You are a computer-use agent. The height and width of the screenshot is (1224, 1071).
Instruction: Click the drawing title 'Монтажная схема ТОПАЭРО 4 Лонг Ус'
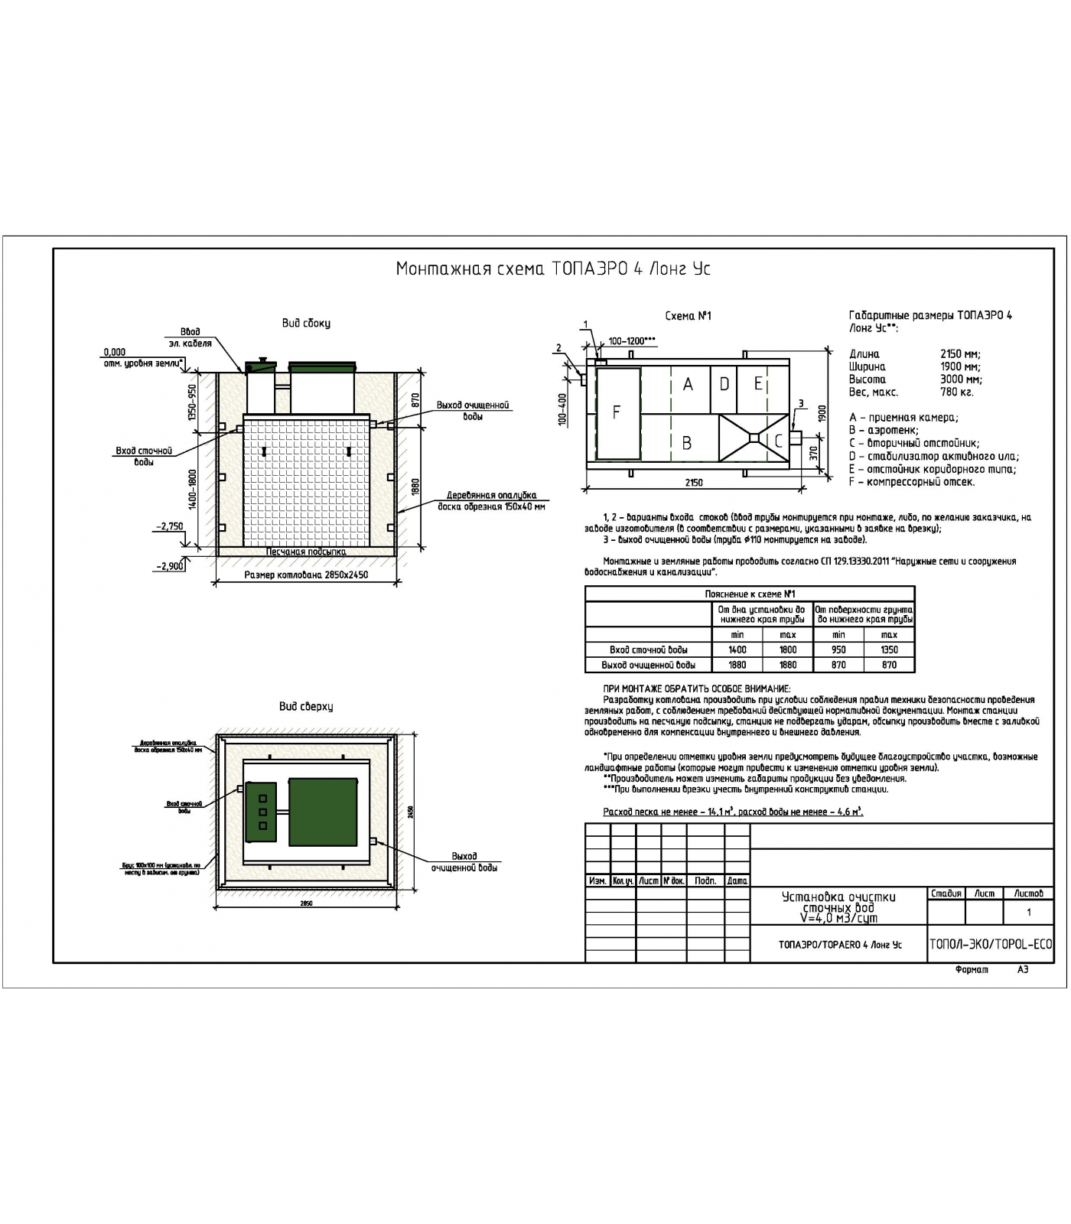tap(553, 269)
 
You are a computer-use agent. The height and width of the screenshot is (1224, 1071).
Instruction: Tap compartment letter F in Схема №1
tap(617, 412)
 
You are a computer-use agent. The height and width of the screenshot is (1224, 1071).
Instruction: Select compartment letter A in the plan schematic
tap(688, 385)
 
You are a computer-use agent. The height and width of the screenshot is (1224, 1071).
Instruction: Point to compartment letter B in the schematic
tap(687, 443)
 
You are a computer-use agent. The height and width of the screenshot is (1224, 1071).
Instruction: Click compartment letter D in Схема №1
tap(724, 384)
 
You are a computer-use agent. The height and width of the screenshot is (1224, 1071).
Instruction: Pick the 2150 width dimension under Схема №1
tap(694, 483)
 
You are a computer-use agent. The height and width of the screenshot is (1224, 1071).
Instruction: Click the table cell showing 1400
tap(737, 649)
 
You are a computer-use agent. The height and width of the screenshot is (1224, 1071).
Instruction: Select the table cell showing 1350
tap(889, 649)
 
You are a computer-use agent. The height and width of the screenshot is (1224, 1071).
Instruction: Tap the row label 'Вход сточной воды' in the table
tap(648, 649)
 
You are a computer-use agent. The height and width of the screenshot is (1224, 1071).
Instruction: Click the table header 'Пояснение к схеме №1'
tap(750, 594)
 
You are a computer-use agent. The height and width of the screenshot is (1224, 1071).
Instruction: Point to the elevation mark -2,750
tap(169, 526)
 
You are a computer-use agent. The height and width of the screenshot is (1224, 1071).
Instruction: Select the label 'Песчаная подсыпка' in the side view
tap(306, 552)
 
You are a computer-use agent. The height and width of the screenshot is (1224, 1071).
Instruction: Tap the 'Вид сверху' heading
tap(306, 706)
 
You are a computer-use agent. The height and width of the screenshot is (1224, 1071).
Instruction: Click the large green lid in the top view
tap(323, 812)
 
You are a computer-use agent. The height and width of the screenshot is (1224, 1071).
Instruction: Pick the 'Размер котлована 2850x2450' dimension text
tap(306, 575)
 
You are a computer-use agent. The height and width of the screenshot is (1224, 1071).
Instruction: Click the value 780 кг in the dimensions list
tap(956, 392)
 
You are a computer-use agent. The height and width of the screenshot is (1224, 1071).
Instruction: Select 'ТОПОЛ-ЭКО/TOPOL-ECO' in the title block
tap(991, 944)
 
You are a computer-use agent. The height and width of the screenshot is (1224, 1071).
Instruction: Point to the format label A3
tap(1023, 970)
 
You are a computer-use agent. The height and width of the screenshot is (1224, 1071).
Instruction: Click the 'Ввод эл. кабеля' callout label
tap(190, 337)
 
